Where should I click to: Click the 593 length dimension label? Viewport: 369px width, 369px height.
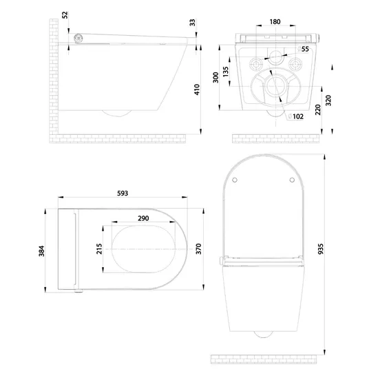coord(123,193)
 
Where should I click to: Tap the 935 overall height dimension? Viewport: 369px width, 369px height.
coord(321,249)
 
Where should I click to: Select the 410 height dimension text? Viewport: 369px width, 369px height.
coord(197,89)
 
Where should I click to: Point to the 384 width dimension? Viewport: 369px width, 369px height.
coord(41,251)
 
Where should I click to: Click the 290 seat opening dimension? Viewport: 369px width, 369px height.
coord(143,218)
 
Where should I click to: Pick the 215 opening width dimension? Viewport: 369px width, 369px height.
coord(99,249)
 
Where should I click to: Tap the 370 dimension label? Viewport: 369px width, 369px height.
coord(199,249)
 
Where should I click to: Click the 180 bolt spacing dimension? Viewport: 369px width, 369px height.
coord(275,22)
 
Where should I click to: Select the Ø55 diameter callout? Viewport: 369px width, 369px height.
coord(303,49)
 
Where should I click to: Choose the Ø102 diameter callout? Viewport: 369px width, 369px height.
coord(296,116)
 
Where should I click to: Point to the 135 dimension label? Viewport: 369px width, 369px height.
coord(225,72)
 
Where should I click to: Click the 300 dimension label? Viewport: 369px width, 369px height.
coord(215,77)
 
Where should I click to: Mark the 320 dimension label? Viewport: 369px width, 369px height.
coord(328,101)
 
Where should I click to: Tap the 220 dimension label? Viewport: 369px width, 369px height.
coord(317,110)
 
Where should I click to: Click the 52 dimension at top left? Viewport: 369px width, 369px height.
coord(65,15)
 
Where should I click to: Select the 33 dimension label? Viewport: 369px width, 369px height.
coord(193,23)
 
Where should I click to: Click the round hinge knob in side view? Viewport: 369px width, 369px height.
coord(78,38)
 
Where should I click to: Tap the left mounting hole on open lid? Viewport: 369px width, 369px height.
coord(235,180)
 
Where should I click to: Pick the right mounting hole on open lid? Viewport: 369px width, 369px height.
coord(292,180)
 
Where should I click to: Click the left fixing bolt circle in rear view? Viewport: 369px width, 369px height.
coord(255,63)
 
